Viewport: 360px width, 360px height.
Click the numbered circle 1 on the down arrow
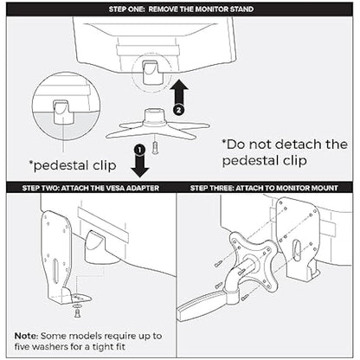[x=139, y=150]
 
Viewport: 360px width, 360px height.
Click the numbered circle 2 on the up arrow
[x=179, y=110]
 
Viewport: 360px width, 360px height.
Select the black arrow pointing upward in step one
[x=179, y=95]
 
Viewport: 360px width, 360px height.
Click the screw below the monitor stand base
[x=156, y=148]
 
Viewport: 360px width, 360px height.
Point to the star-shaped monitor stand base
[x=157, y=125]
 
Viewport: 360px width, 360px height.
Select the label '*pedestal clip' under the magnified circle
[x=73, y=165]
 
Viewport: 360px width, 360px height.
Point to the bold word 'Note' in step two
[x=26, y=336]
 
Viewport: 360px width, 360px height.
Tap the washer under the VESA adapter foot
[x=77, y=305]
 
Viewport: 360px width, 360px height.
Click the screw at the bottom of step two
[x=77, y=313]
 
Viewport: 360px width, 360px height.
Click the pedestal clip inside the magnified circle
[x=61, y=113]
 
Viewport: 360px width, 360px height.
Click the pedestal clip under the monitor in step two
[x=99, y=247]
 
